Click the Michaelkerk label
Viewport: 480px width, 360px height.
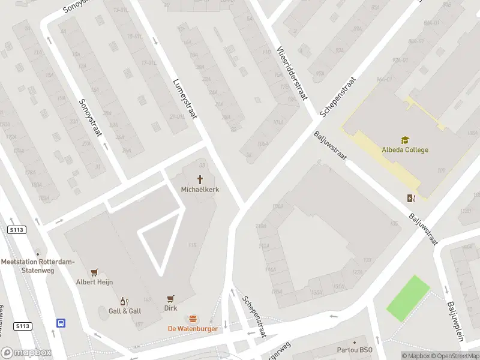200,189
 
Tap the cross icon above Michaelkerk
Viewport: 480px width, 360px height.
200,179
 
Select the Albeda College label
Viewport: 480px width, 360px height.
405,149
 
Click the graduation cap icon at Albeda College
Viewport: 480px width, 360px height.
405,140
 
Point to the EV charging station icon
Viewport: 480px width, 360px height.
411,199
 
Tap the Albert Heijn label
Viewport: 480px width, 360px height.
94,282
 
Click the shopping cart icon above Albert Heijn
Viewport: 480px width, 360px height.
94,272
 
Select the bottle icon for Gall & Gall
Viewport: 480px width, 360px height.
125,301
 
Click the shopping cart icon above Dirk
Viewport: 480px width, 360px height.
170,298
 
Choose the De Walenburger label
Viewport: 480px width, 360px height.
193,328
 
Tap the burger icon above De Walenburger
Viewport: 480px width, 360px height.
193,319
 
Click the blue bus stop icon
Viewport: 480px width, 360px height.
61,323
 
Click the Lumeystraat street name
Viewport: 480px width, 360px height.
185,99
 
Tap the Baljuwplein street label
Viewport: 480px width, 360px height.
455,321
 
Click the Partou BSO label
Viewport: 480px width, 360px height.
354,350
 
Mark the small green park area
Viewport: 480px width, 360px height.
408,298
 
